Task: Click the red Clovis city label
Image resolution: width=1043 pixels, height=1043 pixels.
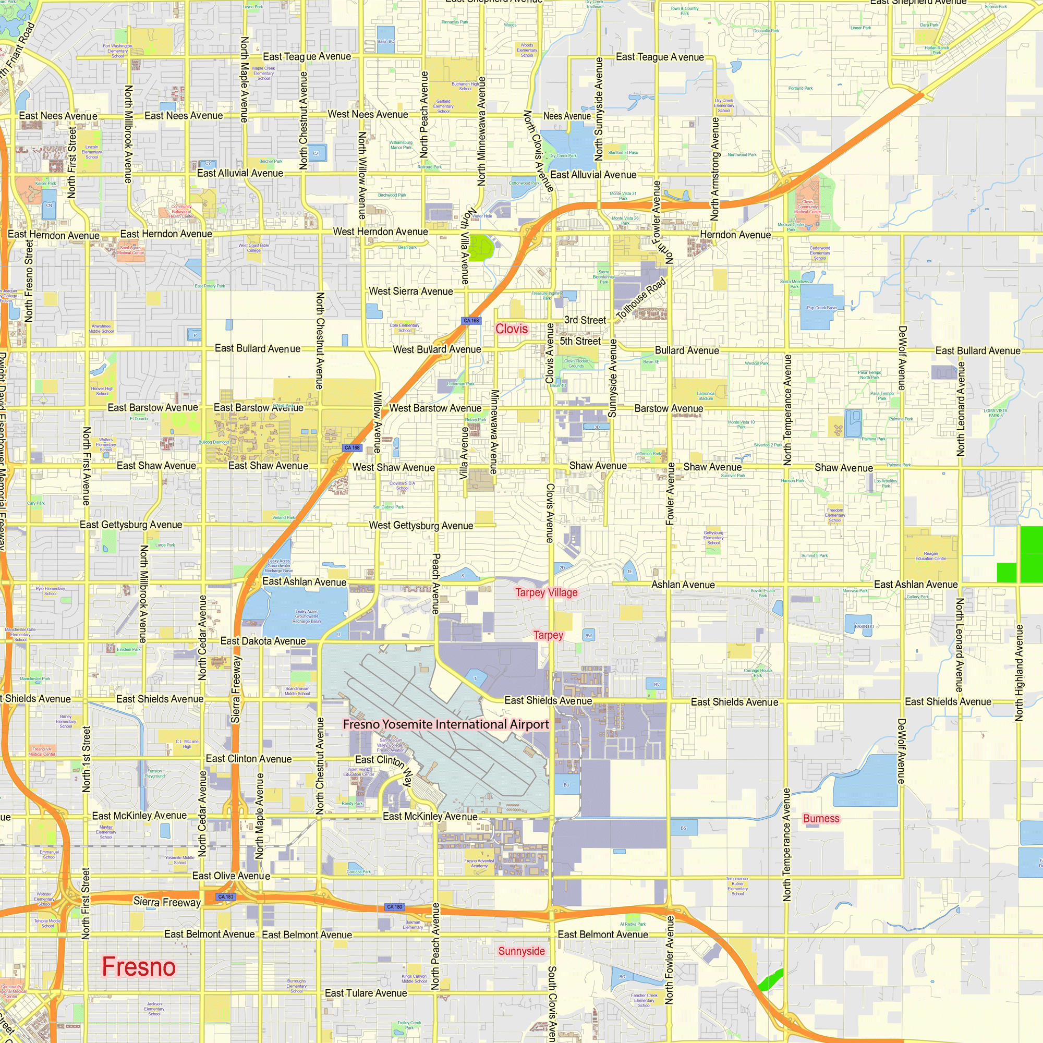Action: pos(511,329)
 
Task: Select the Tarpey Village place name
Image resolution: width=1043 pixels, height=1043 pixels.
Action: pos(546,593)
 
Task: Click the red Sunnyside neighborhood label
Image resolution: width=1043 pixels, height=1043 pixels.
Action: pos(521,951)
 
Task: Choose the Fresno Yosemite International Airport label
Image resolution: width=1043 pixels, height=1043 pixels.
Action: pos(445,724)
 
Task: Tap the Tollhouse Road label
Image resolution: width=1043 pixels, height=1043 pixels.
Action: pos(641,298)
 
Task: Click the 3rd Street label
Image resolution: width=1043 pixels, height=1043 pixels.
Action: pos(585,320)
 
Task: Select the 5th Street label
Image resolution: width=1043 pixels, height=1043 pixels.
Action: pos(580,341)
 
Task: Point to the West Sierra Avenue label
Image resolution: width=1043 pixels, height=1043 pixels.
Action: pos(410,292)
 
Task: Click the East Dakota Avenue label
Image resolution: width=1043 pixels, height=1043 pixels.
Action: pos(263,641)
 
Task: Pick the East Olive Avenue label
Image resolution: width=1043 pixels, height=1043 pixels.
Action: pos(231,876)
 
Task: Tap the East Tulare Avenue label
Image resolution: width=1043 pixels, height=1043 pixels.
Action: pos(366,993)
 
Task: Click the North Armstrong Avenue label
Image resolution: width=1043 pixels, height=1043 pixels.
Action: pos(715,169)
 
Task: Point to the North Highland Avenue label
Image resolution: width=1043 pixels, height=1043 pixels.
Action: pos(1018,673)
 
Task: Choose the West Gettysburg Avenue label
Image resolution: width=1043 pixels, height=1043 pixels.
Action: pos(420,525)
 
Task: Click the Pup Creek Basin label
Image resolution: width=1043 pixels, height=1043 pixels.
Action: pos(821,308)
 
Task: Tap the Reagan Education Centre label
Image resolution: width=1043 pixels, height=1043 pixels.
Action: pos(931,555)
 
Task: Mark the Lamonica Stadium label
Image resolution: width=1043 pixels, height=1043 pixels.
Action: pos(705,396)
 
